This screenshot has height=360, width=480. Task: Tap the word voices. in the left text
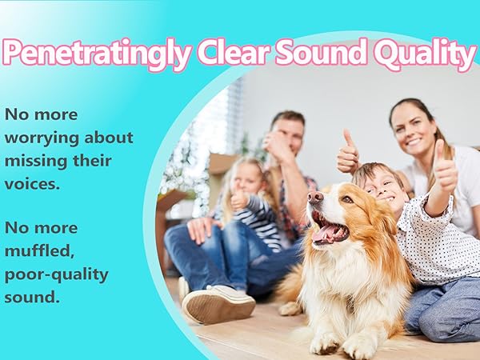(x=32, y=184)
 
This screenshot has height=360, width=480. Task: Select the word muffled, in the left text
(x=39, y=252)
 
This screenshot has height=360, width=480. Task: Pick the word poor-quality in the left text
(x=57, y=275)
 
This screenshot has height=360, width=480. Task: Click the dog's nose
(x=315, y=197)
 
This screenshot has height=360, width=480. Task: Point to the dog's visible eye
(x=347, y=199)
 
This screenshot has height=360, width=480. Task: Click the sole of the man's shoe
(x=218, y=306)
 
